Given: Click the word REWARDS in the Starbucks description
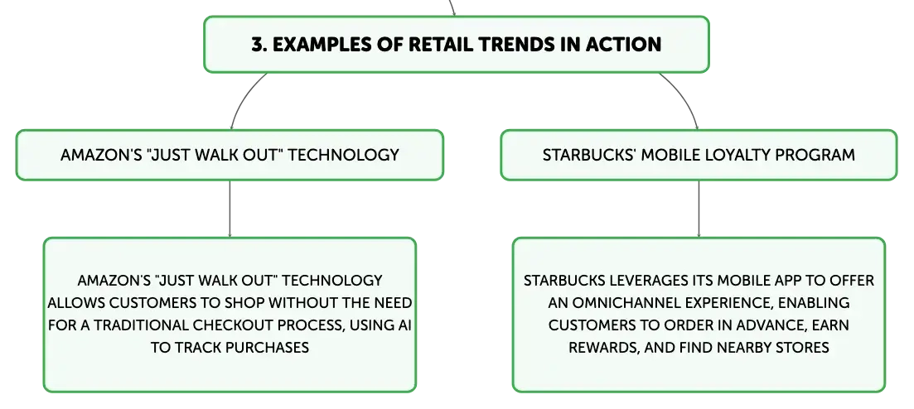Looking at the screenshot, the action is click(602, 348).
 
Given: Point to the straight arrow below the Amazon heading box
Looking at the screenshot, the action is click(230, 209).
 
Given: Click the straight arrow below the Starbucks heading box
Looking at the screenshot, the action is click(699, 209).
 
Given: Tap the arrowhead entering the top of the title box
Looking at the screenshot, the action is click(453, 13).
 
